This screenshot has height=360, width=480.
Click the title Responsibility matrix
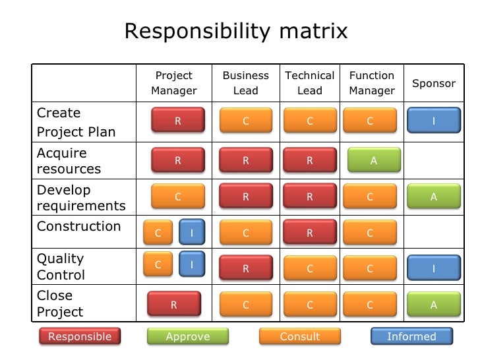coord(235,30)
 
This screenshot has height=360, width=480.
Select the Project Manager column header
coord(174,83)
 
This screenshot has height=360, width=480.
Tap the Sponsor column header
coord(433,84)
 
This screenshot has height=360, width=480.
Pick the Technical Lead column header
coord(309,83)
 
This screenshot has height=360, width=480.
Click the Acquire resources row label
coord(69,161)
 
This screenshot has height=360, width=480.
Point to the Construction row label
coord(78,227)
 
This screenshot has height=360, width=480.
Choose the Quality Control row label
coord(61,267)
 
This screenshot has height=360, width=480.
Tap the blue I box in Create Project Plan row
coord(433,121)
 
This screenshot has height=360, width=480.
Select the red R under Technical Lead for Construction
coord(309,233)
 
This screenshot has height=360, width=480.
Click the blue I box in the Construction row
coord(192,232)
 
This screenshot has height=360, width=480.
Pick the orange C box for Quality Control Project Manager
coord(158,264)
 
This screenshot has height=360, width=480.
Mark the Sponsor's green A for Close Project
coord(433,305)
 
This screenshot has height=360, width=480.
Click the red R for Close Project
coord(174,305)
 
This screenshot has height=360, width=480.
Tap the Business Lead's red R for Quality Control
coord(245,268)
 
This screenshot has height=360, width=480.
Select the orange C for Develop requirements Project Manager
coord(177,196)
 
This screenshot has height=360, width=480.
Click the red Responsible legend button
coord(80,337)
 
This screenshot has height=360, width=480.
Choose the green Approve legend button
coord(188,337)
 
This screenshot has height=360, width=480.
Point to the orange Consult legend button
coord(300,337)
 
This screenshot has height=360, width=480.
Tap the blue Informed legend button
coord(411,337)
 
